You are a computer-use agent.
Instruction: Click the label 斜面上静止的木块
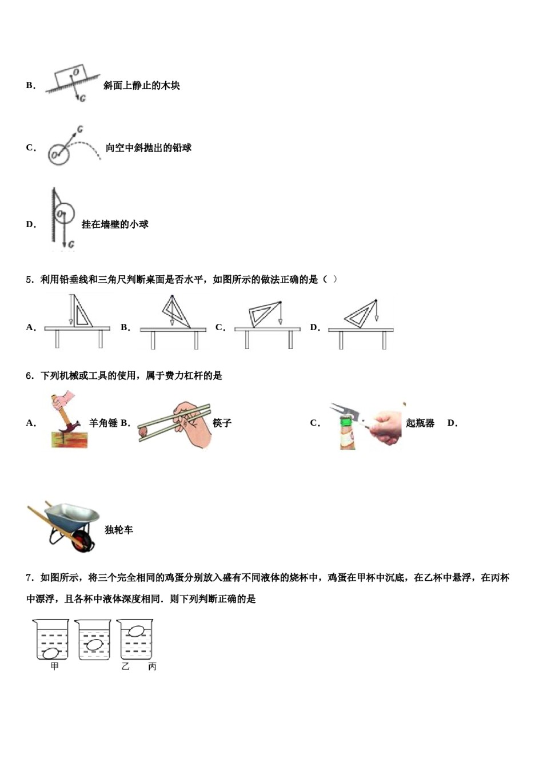point(141,86)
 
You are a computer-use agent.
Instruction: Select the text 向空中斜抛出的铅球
point(148,148)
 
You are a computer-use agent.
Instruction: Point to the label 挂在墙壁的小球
point(115,224)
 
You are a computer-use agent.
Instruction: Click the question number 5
point(29,280)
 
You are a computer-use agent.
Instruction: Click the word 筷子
point(222,423)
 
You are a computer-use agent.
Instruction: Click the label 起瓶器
point(420,423)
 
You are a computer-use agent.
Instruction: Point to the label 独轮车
point(119,530)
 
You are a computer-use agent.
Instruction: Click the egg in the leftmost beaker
point(51,652)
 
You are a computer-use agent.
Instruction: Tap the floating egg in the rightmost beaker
point(136,631)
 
